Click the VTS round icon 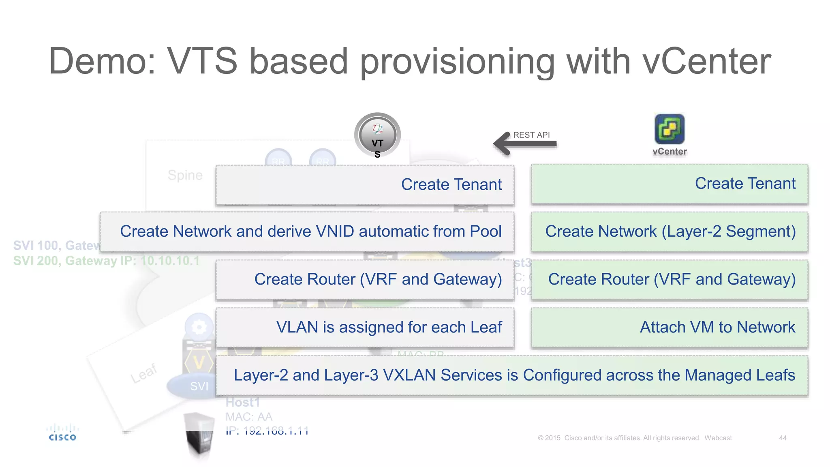pyautogui.click(x=377, y=135)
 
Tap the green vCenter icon pyautogui.click(x=670, y=129)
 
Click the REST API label pyautogui.click(x=531, y=135)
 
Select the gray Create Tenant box pyautogui.click(x=365, y=185)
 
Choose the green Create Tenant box pyautogui.click(x=670, y=184)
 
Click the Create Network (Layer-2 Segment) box pyautogui.click(x=670, y=232)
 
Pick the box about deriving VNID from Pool pyautogui.click(x=307, y=232)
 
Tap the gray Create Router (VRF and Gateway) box pyautogui.click(x=365, y=280)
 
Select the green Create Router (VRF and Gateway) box pyautogui.click(x=670, y=280)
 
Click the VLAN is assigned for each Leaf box pyautogui.click(x=365, y=328)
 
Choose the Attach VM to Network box pyautogui.click(x=670, y=328)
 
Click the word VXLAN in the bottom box pyautogui.click(x=409, y=375)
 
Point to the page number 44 pyautogui.click(x=783, y=438)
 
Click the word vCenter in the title pyautogui.click(x=707, y=62)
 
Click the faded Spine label pyautogui.click(x=185, y=175)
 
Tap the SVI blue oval pyautogui.click(x=195, y=386)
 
